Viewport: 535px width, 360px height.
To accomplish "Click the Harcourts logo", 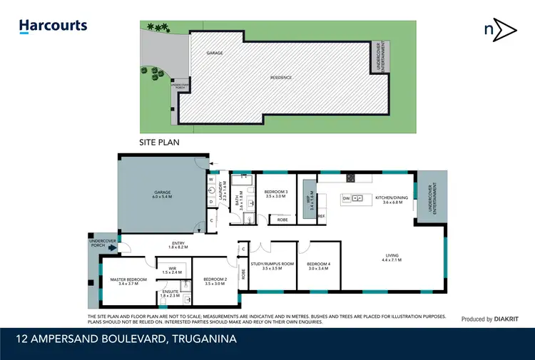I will (53, 26).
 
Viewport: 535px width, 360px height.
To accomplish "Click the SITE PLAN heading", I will (159, 142).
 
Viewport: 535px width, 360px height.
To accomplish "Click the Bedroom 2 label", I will (214, 281).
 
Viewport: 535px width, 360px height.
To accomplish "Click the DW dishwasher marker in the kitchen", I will (346, 197).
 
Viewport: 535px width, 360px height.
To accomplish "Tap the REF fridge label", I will (321, 216).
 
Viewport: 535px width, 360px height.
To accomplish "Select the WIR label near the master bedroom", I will (172, 270).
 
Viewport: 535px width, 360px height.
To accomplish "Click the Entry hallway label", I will (178, 245).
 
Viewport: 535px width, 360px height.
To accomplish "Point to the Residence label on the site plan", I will (280, 78).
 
